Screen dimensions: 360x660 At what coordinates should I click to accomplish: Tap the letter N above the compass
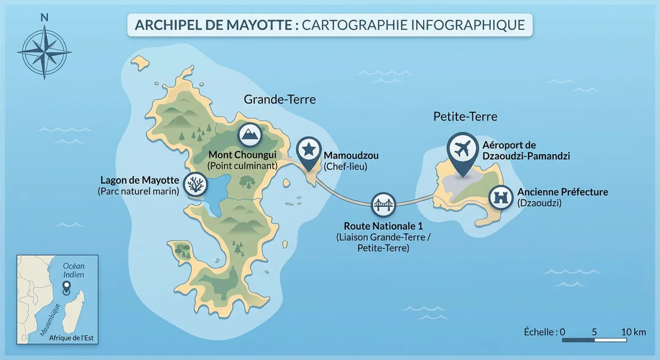44,17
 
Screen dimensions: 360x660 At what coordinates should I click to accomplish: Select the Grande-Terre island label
280,99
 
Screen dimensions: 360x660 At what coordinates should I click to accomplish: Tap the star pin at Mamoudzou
308,149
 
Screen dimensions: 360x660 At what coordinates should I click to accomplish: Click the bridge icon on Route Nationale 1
383,205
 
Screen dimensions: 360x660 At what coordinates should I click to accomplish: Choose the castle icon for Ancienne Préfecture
500,197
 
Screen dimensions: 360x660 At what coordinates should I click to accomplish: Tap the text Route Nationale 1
373,226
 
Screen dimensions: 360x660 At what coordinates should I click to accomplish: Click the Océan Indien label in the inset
74,270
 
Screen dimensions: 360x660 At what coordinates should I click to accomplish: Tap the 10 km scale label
633,332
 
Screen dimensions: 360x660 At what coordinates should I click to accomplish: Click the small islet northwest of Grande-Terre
140,62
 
